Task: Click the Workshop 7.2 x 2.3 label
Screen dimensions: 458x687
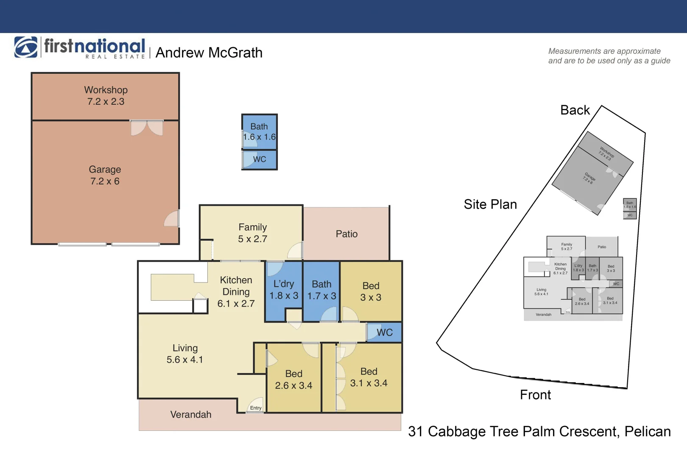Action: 106,95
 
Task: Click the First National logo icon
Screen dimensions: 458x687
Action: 26,47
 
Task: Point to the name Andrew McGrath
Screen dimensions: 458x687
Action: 209,53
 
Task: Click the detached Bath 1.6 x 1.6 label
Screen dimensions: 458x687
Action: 259,131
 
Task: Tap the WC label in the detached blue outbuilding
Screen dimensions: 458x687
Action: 260,159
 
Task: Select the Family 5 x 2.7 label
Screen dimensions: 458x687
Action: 252,233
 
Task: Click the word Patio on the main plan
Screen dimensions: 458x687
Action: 346,234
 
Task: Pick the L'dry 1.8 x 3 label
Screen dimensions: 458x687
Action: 284,290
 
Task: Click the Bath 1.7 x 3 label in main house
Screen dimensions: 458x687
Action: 321,290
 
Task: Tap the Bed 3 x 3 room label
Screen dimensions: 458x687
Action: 371,291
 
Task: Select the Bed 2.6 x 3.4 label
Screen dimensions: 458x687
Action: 293,380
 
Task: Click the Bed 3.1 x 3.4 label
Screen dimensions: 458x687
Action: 369,377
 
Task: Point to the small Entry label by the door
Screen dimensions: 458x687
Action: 256,408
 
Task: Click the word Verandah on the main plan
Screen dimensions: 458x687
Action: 191,415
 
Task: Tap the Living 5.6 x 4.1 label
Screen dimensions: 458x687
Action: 185,354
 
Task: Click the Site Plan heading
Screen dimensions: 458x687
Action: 490,204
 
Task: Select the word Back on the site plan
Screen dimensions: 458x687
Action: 575,110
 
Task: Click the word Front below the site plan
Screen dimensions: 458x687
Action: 535,395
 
